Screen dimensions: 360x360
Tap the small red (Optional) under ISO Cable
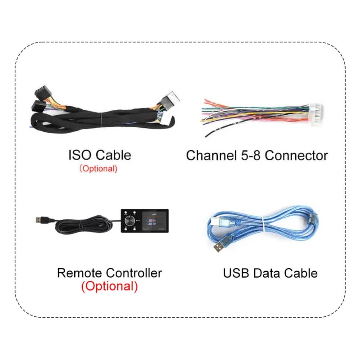pyautogui.click(x=98, y=169)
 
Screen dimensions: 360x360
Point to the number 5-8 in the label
pyautogui.click(x=252, y=156)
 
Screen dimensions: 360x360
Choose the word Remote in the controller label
pyautogui.click(x=80, y=273)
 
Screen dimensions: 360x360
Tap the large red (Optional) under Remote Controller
pyautogui.click(x=109, y=286)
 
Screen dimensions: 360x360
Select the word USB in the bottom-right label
pyautogui.click(x=236, y=273)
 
